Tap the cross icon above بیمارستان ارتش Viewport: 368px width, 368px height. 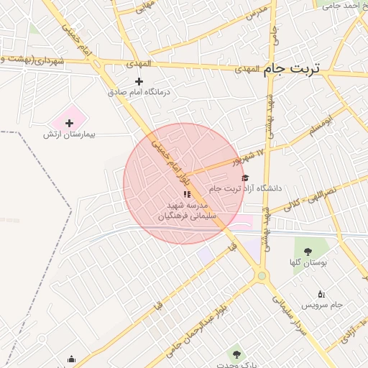[69, 124]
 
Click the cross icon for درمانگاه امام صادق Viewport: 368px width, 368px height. [139, 81]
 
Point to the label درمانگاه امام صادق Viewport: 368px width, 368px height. [137, 92]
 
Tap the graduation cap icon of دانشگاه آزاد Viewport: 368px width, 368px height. [245, 178]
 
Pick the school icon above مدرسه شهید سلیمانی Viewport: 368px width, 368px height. [187, 194]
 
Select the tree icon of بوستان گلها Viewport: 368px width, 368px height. [308, 252]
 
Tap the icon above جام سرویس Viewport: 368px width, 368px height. [321, 293]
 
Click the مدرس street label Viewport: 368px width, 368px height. [257, 12]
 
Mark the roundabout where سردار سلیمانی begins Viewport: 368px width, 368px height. [262, 275]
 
